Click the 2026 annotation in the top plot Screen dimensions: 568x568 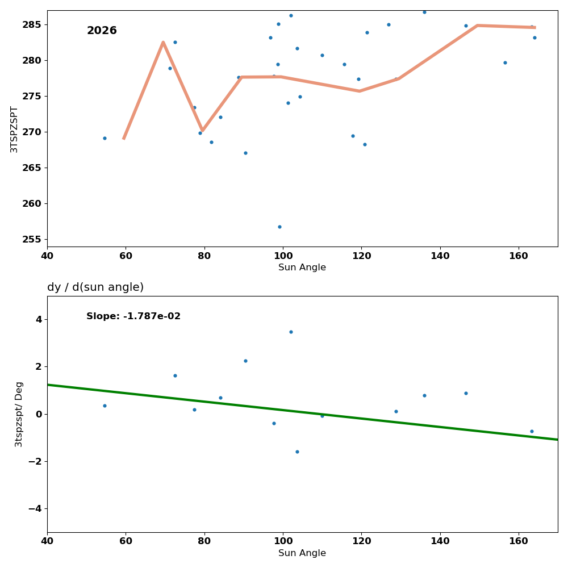click(102, 31)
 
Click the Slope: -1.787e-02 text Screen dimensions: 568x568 click(133, 316)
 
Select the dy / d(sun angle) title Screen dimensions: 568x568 click(95, 287)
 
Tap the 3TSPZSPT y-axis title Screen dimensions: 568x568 click(14, 129)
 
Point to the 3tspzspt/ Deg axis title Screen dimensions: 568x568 click(19, 414)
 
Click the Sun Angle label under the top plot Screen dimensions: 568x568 click(302, 268)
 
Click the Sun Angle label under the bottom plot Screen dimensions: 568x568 click(302, 553)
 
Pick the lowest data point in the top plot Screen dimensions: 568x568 click(279, 227)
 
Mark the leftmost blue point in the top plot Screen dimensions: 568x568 click(105, 138)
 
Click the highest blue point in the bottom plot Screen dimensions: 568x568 click(291, 332)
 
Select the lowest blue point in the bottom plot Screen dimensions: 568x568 click(297, 452)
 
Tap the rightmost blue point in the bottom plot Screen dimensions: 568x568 click(532, 431)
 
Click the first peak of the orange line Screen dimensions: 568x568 click(163, 42)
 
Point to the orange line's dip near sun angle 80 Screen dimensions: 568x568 click(202, 130)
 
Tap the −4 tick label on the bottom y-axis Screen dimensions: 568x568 click(34, 508)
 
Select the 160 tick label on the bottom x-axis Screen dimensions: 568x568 click(519, 541)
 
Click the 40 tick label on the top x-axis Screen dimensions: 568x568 click(47, 256)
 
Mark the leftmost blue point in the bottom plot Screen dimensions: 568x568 click(105, 406)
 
